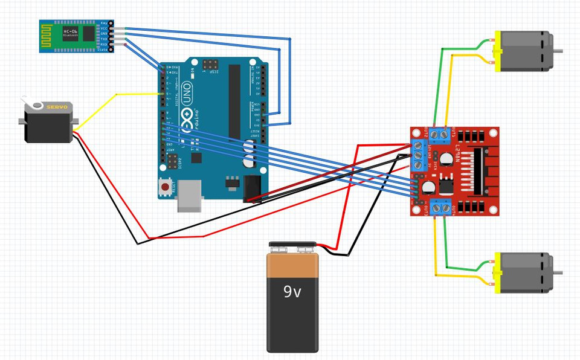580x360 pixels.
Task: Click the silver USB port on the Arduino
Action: click(189, 197)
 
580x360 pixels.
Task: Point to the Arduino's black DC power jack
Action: click(253, 188)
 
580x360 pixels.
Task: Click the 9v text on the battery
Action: click(292, 292)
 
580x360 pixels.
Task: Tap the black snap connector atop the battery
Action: click(292, 246)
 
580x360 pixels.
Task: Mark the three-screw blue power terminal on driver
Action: click(416, 154)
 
